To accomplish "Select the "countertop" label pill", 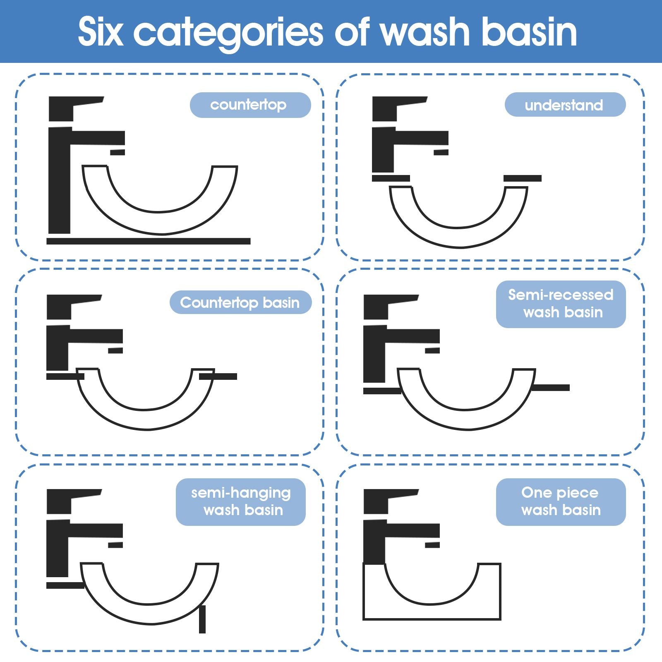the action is [x=250, y=105].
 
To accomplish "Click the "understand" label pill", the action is [x=565, y=105].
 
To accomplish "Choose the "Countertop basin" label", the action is [x=240, y=302].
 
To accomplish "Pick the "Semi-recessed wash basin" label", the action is [x=561, y=304].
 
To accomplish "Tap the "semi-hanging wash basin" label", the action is [x=241, y=502].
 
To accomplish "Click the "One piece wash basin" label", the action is [x=561, y=502].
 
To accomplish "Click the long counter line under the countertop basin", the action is [x=149, y=241].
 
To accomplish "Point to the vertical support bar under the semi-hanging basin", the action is [x=202, y=619].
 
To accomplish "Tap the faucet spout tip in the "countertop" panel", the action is [x=118, y=152].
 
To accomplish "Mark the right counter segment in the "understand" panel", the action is [x=523, y=178].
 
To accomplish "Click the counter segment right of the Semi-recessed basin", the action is [x=551, y=388].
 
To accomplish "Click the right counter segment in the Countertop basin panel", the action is [x=218, y=377].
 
